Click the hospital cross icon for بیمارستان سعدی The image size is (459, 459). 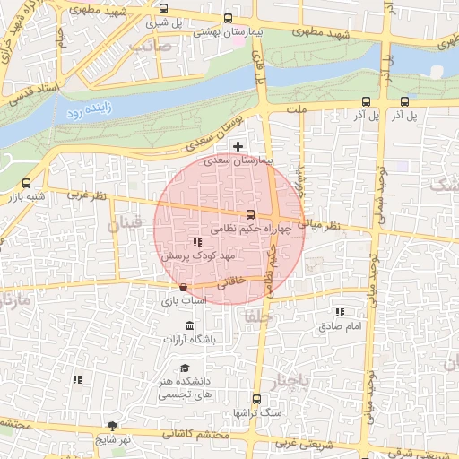238,146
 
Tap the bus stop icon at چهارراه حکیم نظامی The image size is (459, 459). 250,214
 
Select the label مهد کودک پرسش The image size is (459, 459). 197,256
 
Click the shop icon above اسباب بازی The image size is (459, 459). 184,288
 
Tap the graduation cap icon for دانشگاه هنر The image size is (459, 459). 185,368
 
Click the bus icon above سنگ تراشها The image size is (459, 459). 257,399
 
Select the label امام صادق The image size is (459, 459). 339,325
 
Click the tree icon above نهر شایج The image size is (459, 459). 111,426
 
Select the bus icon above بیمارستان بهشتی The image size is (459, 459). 228,18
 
